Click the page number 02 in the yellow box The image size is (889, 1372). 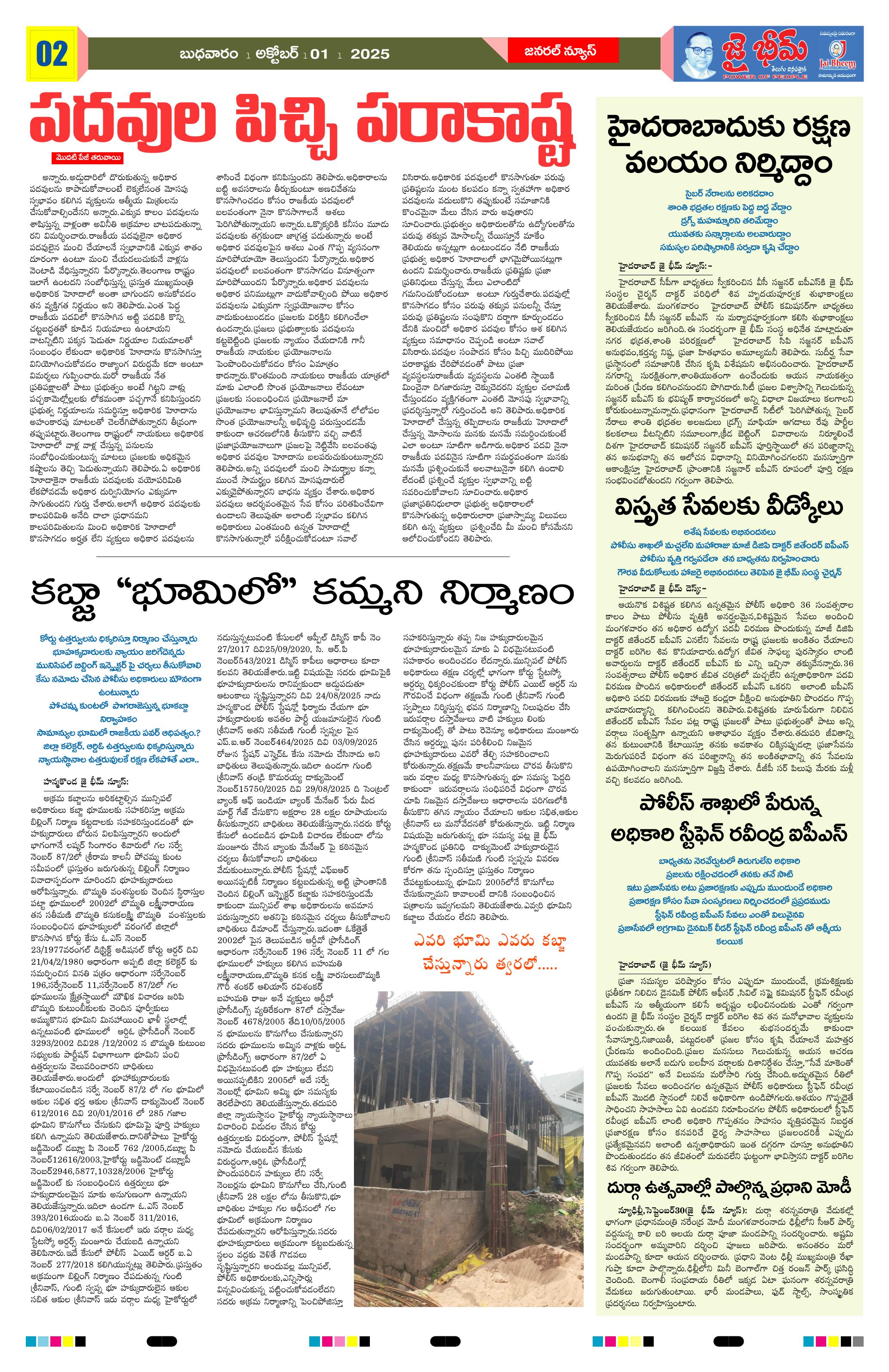(52, 54)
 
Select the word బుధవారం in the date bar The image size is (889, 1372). (209, 54)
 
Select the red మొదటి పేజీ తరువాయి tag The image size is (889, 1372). (87, 157)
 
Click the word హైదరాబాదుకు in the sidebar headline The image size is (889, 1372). (680, 128)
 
